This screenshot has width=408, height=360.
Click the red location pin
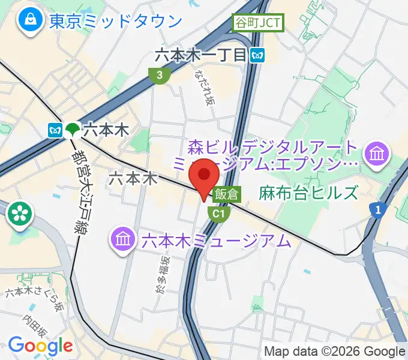pyautogui.click(x=204, y=175)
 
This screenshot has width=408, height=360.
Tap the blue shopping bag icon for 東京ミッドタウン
pyautogui.click(x=28, y=22)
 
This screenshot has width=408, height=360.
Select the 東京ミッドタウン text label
pyautogui.click(x=115, y=22)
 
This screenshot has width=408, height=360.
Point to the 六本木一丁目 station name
pyautogui.click(x=200, y=55)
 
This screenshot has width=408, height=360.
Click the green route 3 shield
pyautogui.click(x=158, y=75)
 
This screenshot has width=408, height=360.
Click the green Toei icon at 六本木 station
pyautogui.click(x=73, y=129)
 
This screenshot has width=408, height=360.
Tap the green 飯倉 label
pyautogui.click(x=226, y=194)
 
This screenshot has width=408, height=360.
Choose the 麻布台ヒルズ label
pyautogui.click(x=308, y=193)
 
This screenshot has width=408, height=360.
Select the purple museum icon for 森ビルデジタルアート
pyautogui.click(x=378, y=154)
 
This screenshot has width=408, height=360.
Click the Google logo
pyautogui.click(x=40, y=346)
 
